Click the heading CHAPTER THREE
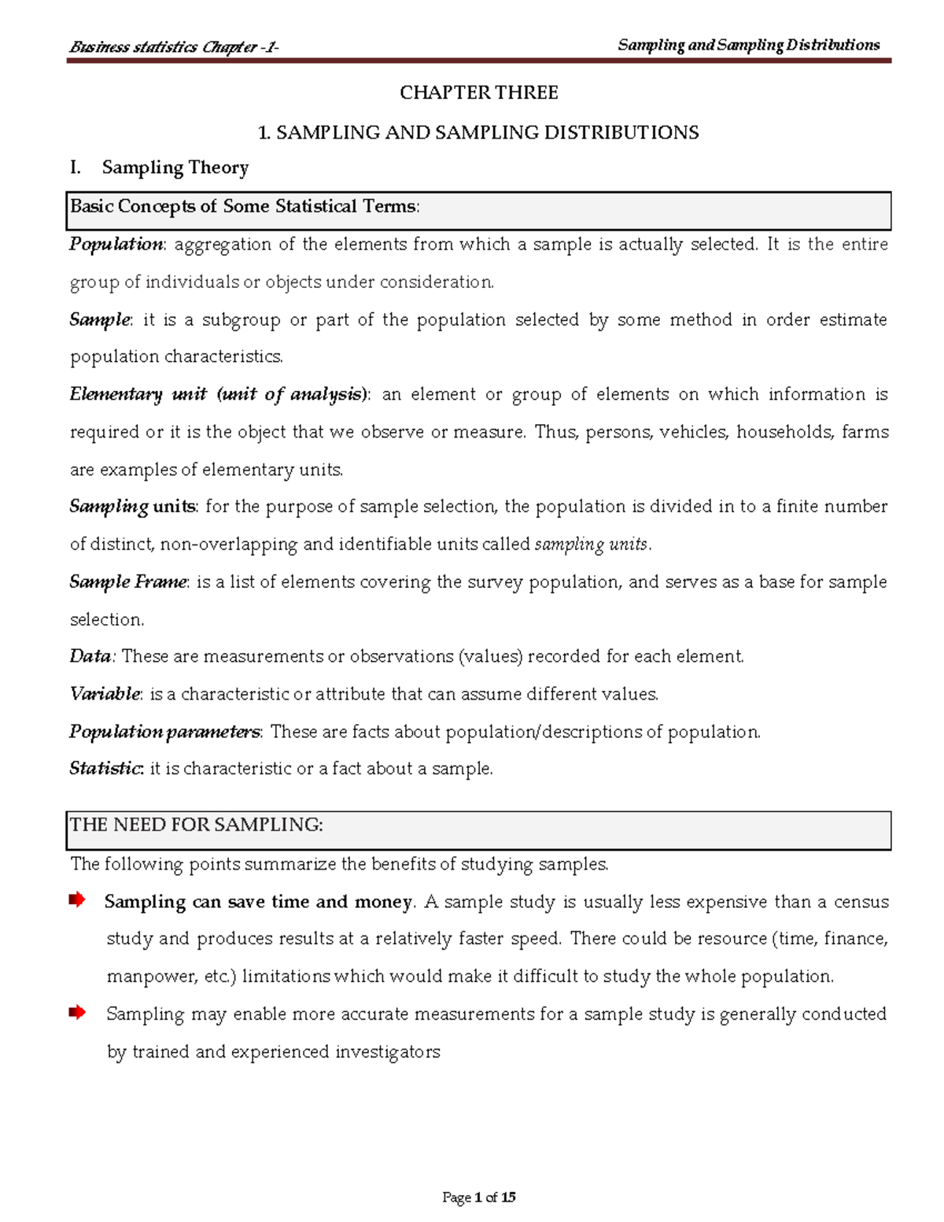point(478,93)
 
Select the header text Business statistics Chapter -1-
point(174,47)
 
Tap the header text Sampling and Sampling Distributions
point(748,46)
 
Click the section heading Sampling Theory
point(175,168)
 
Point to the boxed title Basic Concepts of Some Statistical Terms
point(245,207)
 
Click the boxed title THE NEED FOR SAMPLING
point(197,825)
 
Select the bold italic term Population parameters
point(164,732)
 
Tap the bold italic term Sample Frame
point(128,582)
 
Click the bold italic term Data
point(90,656)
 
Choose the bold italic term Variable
point(105,694)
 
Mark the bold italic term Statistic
point(105,769)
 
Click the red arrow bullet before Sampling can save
point(77,900)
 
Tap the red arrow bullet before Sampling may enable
point(77,1013)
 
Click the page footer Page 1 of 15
point(478,1198)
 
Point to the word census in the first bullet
point(861,902)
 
